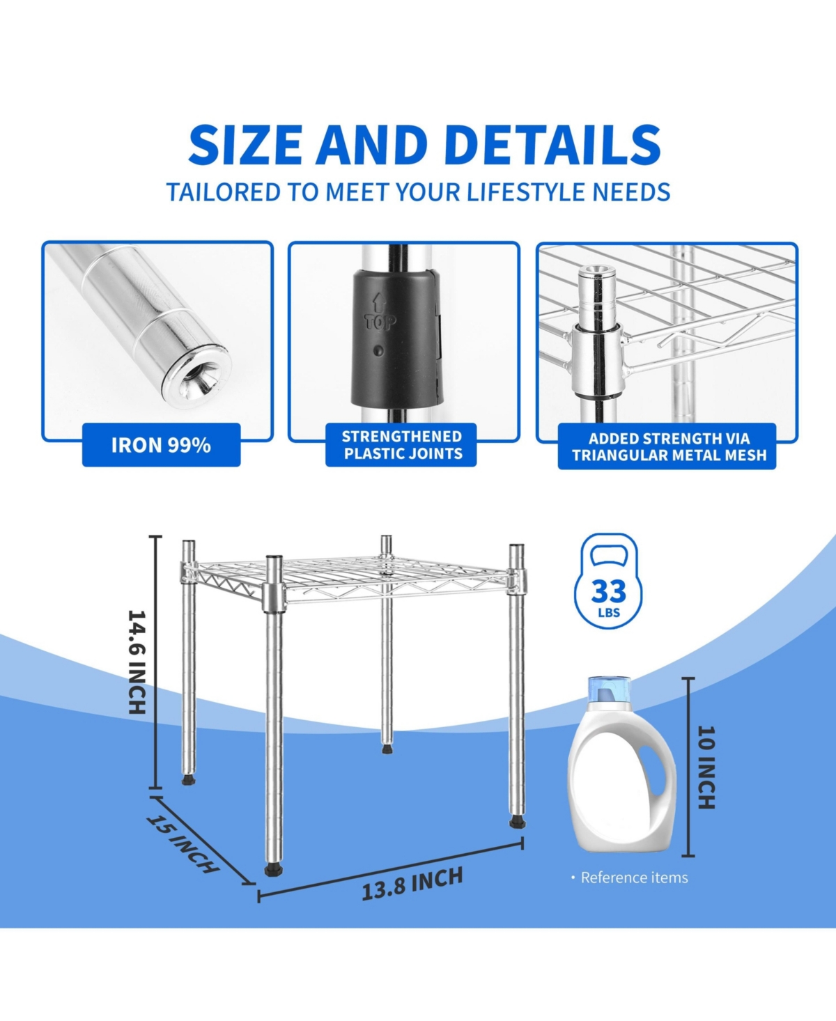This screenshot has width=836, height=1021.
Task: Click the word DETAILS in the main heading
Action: (x=552, y=146)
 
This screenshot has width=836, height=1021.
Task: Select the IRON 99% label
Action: (x=161, y=445)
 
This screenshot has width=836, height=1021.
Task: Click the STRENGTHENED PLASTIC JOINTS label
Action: (x=402, y=445)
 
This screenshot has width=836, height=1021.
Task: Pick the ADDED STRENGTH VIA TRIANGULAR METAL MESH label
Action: (x=668, y=447)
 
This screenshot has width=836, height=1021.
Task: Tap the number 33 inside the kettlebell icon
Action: (x=609, y=592)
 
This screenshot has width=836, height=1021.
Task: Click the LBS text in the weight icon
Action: (x=609, y=614)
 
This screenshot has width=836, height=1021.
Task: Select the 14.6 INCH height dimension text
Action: (x=137, y=662)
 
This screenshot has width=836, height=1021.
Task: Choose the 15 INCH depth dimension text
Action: (x=183, y=843)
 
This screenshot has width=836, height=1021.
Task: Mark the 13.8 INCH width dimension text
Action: (x=412, y=883)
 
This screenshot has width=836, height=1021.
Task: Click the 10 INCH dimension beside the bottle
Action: (x=706, y=767)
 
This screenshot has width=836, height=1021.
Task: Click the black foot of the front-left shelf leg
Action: (x=273, y=869)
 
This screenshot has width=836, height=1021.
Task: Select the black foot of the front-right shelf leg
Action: (x=516, y=823)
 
